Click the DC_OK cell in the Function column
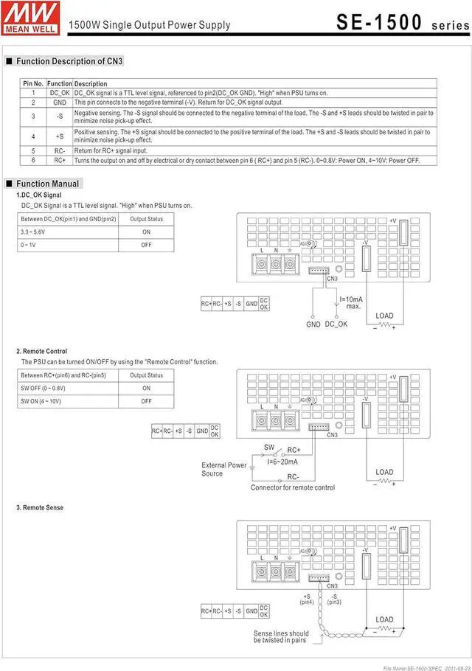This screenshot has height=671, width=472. click(60, 93)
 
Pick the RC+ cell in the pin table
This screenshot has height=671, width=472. click(60, 160)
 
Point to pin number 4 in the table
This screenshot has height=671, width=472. click(33, 136)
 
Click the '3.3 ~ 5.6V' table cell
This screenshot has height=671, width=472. click(33, 232)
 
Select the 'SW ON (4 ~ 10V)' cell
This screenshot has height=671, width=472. click(41, 401)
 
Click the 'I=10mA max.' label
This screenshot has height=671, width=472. click(351, 302)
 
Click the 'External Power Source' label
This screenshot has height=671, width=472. click(224, 469)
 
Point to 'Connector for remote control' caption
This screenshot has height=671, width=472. click(292, 487)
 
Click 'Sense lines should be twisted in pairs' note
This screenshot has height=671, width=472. click(281, 636)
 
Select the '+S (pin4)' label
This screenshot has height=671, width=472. click(307, 599)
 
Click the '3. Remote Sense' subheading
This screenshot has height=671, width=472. click(40, 508)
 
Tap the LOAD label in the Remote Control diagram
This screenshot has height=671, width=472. click(384, 472)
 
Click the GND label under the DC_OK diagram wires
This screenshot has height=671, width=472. click(313, 324)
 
